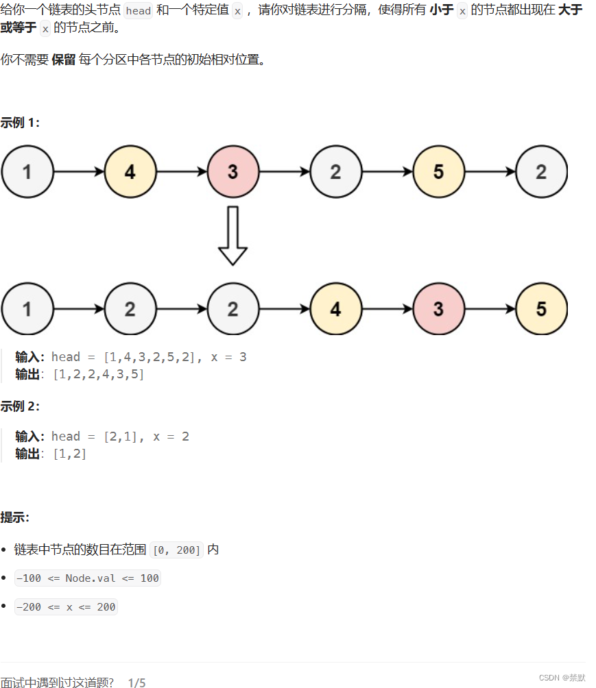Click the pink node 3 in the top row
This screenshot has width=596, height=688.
[x=233, y=171]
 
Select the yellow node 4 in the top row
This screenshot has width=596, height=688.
[x=130, y=171]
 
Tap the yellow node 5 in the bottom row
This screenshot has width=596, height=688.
[x=541, y=309]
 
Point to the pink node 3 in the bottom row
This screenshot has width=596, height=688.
[x=438, y=309]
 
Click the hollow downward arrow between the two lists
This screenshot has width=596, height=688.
[x=233, y=236]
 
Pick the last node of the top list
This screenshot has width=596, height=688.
[x=541, y=171]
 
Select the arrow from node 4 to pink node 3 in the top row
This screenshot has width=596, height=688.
[x=182, y=171]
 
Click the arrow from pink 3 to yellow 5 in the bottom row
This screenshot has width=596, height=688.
[x=490, y=309]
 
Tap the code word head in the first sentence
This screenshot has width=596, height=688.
[x=139, y=12]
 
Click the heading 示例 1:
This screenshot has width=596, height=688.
[x=20, y=123]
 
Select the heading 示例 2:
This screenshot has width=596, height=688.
[x=20, y=406]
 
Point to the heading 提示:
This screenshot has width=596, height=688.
[x=14, y=517]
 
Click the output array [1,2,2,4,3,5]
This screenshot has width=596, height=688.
[x=98, y=374]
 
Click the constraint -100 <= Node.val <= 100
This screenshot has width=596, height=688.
[x=87, y=578]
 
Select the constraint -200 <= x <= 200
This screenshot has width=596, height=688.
[x=66, y=607]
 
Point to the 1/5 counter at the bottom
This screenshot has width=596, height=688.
[x=136, y=683]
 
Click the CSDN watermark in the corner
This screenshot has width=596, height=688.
[x=562, y=678]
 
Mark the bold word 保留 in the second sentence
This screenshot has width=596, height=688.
[x=63, y=60]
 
